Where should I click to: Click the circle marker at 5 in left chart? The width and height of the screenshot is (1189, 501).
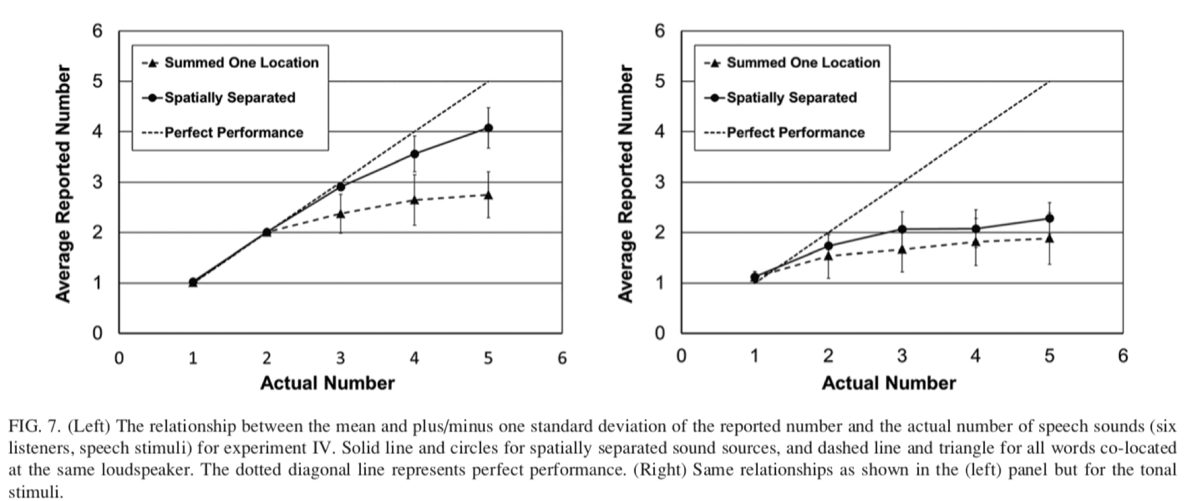coord(488,128)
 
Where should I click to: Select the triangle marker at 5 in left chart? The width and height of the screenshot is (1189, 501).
coord(488,195)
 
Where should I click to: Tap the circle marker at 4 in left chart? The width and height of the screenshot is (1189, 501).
coord(415,154)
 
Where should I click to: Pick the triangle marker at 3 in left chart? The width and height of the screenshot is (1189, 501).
coord(341,213)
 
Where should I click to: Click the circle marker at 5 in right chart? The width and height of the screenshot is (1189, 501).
coord(1049,219)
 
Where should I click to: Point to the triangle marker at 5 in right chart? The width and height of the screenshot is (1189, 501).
coord(1049,238)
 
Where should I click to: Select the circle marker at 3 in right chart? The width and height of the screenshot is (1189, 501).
coord(902,229)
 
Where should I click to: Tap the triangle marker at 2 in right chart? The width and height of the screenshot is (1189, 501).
coord(829,256)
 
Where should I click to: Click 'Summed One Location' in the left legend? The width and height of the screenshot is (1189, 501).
coord(241,63)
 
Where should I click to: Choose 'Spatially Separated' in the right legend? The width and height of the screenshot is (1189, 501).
coord(791,98)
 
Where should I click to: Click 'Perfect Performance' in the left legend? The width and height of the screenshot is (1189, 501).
coord(234,133)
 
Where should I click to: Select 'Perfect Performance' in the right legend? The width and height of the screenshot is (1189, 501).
coord(795,133)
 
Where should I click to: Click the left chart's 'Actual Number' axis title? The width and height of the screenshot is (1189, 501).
coord(327,383)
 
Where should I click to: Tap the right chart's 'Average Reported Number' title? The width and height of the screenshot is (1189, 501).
coord(626,184)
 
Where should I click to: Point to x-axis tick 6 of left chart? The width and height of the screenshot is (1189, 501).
coord(562,358)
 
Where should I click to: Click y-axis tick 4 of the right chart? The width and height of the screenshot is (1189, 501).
coord(660,131)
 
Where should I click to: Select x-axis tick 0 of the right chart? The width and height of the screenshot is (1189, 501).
coord(682,356)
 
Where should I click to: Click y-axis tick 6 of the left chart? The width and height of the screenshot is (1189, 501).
coord(98,31)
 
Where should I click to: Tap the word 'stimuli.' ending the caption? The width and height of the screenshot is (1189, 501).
coord(36,493)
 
